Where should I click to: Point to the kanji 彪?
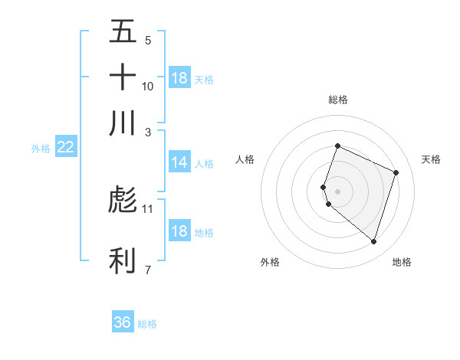pos(123,200)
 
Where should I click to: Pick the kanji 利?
pos(123,260)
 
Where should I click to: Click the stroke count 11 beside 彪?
pos(148,208)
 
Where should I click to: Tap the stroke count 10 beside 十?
pos(148,86)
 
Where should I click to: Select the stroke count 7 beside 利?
pos(148,269)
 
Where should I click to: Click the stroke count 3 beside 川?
pos(148,131)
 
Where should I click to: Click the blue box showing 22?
pos(65,148)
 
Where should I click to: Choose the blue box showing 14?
pos(179,162)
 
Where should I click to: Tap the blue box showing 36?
pos(122,322)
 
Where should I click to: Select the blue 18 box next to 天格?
pos(179,78)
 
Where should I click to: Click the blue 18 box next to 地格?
pos(179,231)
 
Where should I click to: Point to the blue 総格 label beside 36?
pos(147,324)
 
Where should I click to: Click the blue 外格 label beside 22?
pos(41,149)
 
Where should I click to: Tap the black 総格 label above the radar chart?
pos(337,100)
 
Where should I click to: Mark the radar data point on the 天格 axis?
pos(396,172)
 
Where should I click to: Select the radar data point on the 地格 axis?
pos(373,241)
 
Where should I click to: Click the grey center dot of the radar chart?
pos(337,191)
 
